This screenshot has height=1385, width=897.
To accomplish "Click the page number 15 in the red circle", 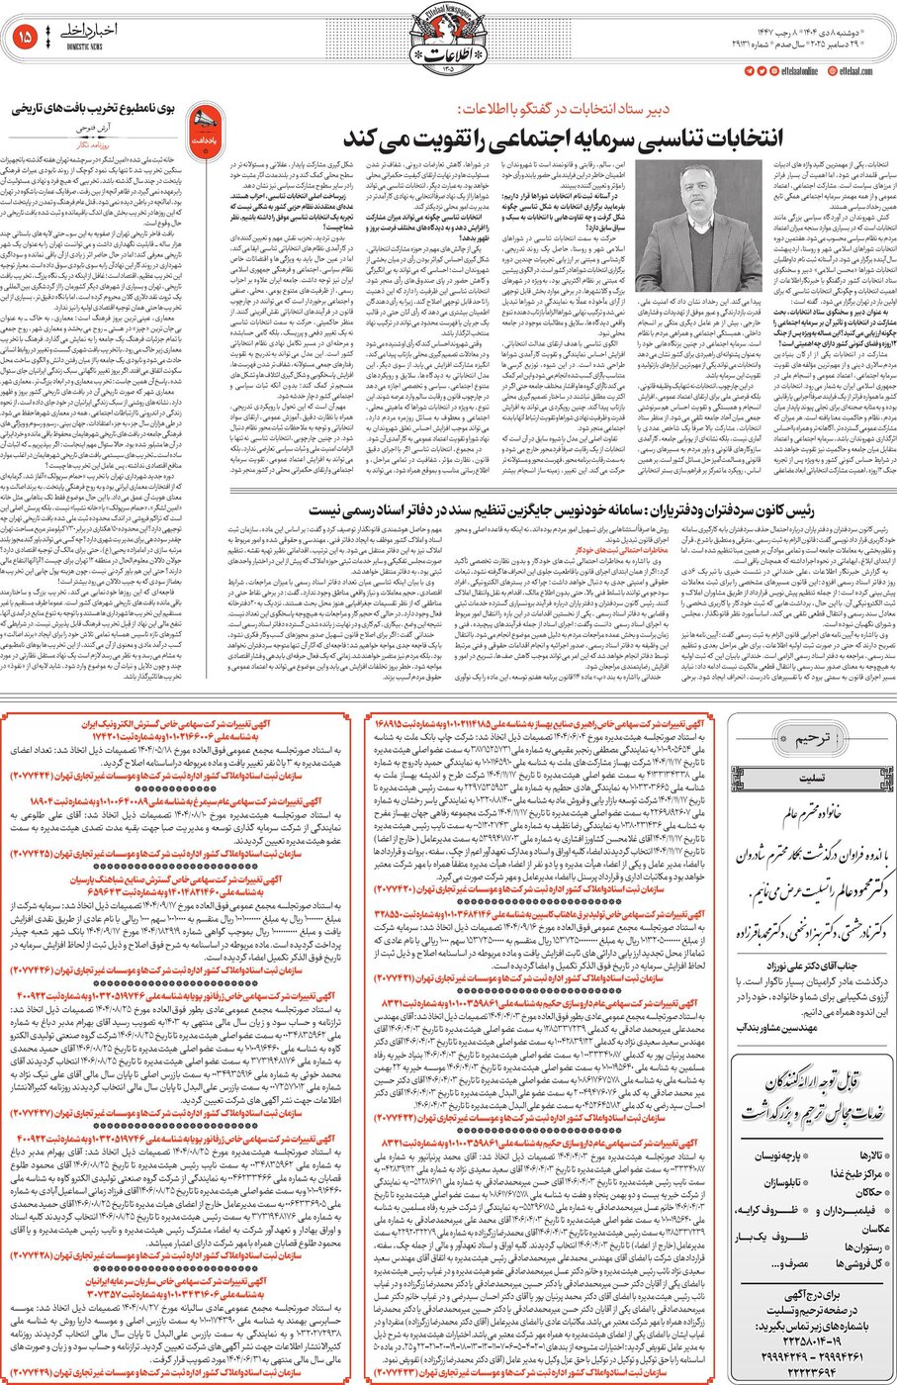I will point(25,37).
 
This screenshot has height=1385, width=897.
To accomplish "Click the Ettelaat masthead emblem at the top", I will point(448,41).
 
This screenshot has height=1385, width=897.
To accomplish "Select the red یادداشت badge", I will point(203,128).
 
